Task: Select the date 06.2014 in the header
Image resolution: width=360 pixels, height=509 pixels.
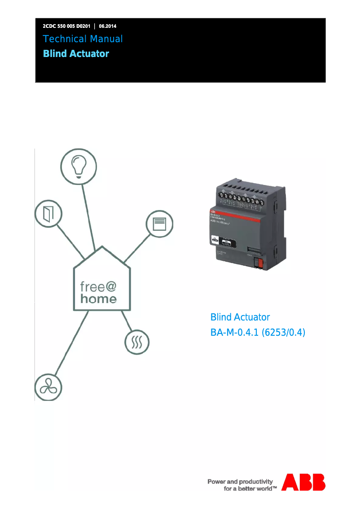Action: [108, 26]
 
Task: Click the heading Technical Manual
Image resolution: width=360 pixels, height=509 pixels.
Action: [83, 39]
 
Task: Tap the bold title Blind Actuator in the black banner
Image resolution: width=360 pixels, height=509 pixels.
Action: [76, 54]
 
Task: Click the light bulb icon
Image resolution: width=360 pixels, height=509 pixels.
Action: [79, 166]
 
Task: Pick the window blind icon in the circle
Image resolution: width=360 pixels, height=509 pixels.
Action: [159, 223]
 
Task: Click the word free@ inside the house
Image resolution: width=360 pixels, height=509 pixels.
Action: [99, 286]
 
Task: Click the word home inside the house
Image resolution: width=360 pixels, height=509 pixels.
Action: [99, 298]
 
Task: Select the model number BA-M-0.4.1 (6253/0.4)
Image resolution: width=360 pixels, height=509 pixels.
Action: [258, 333]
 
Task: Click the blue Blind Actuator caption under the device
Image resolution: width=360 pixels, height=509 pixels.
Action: [240, 317]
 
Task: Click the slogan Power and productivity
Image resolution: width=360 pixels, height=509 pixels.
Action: [240, 482]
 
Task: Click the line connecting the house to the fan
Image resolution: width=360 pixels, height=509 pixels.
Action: [72, 346]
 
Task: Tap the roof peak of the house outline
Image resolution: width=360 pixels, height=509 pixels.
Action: [102, 247]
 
